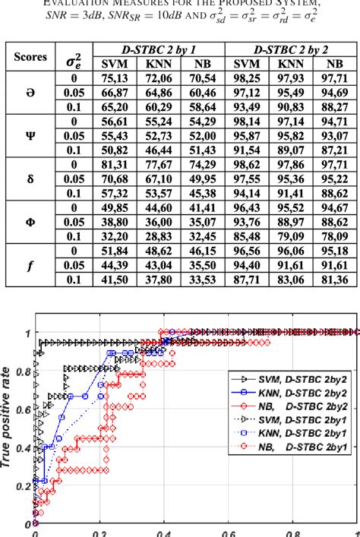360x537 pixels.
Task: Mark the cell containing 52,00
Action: coord(201,134)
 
